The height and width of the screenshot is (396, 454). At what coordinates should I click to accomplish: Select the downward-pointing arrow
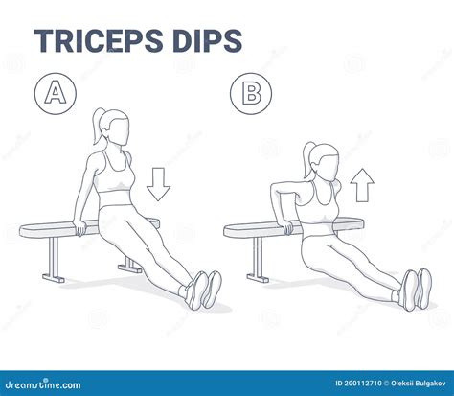[159, 182]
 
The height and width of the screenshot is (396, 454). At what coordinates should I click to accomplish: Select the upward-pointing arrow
[362, 184]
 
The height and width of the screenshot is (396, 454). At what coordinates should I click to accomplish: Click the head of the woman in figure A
[113, 127]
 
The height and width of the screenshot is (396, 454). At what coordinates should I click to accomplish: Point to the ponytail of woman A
[98, 122]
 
